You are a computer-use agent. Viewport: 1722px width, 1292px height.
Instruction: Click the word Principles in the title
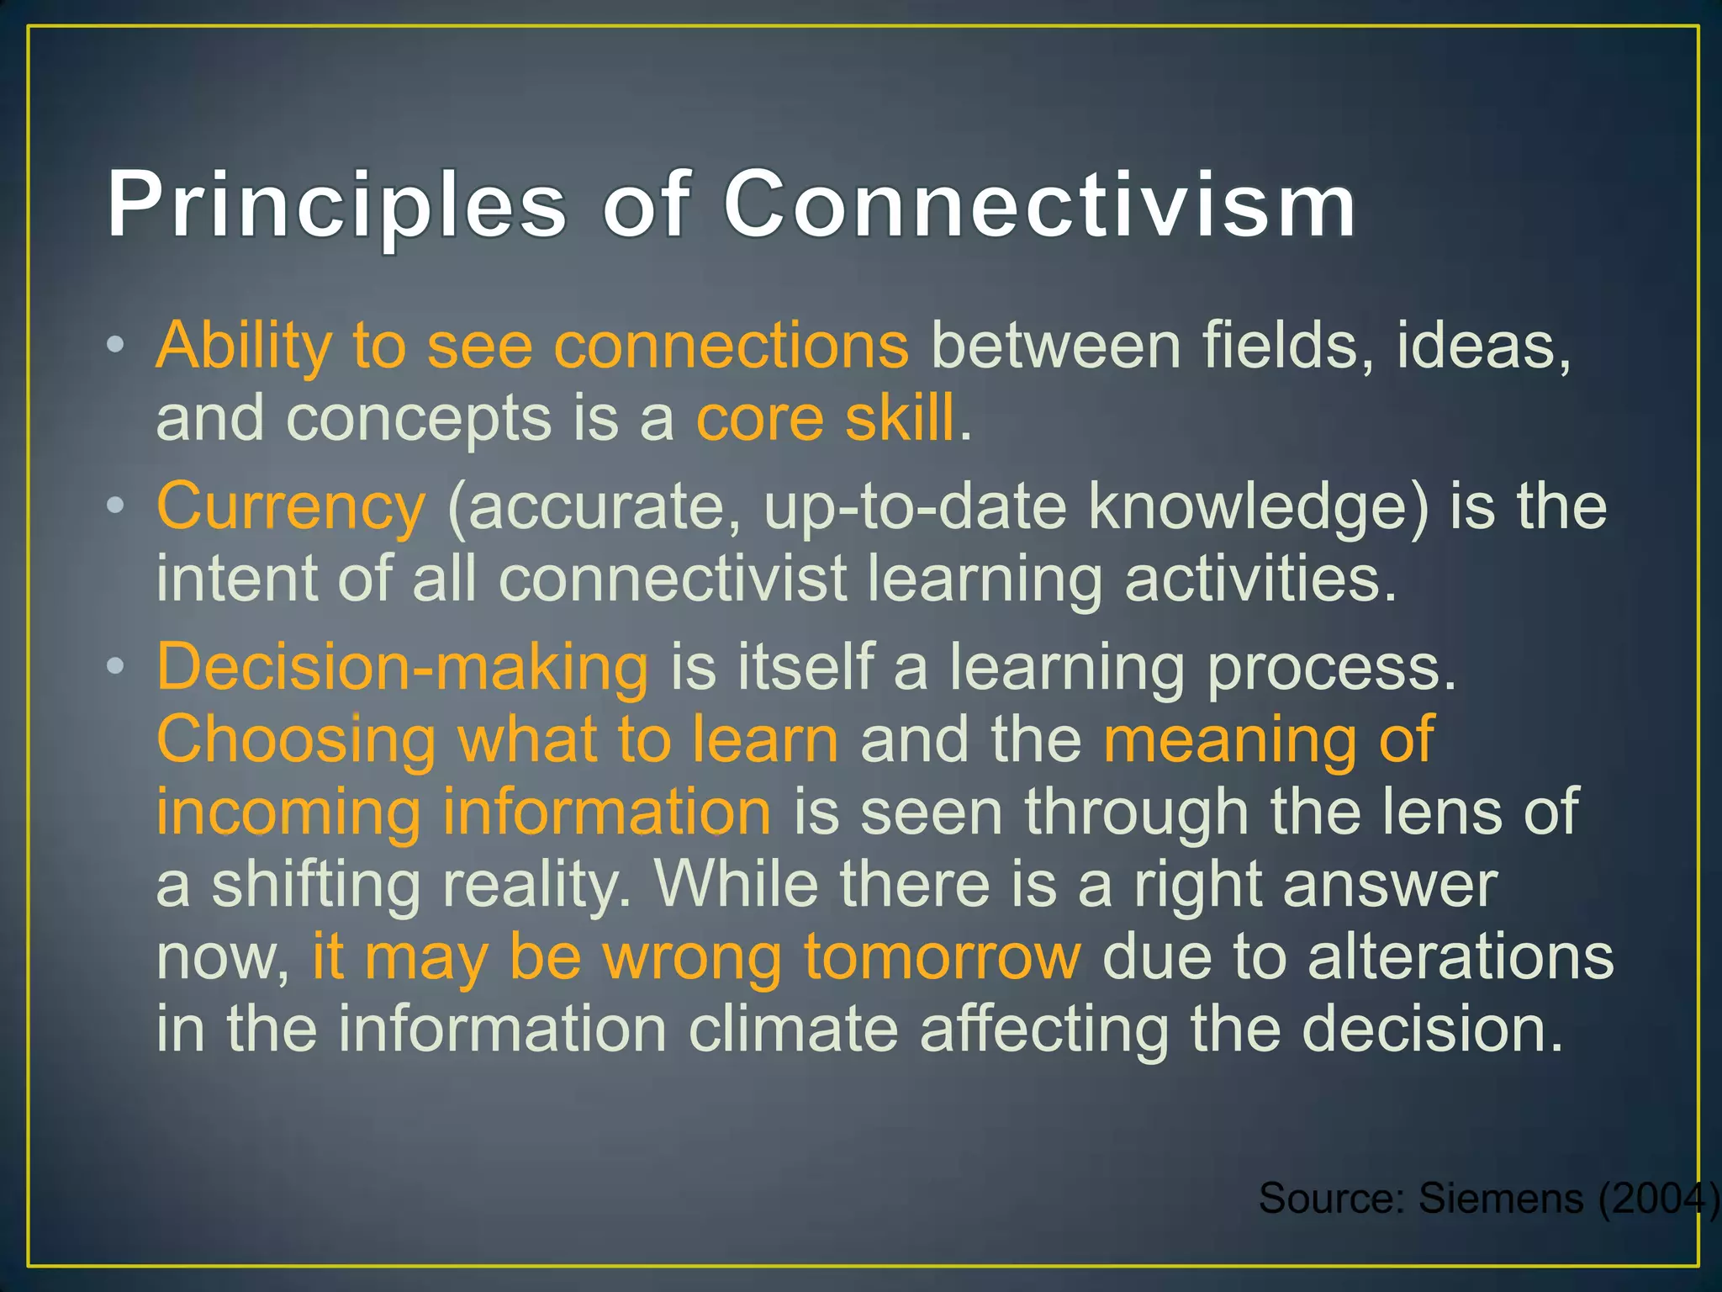coord(336,204)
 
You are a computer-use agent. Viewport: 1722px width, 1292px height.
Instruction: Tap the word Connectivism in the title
coord(1040,204)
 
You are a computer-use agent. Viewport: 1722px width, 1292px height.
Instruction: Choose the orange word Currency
coord(291,506)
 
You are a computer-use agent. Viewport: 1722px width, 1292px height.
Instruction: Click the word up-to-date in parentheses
coord(915,506)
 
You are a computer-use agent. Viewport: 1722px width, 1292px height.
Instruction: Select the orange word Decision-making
coord(402,666)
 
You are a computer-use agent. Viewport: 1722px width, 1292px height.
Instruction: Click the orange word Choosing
coord(296,739)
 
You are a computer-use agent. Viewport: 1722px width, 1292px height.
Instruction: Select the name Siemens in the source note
coord(1501,1198)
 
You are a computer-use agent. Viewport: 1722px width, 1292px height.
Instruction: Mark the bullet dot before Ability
coord(116,344)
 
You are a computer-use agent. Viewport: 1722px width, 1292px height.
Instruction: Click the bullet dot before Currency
coord(116,506)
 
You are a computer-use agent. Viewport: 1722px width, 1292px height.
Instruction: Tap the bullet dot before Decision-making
coord(116,666)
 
